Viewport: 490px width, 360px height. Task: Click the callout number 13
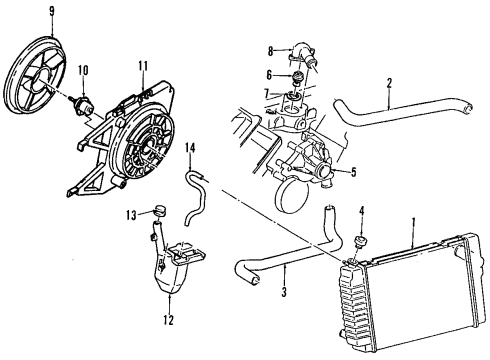(x=131, y=213)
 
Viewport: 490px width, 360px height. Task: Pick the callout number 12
(x=168, y=321)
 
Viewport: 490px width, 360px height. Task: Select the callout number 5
(x=351, y=171)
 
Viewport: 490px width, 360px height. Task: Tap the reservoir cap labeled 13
(x=158, y=212)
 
